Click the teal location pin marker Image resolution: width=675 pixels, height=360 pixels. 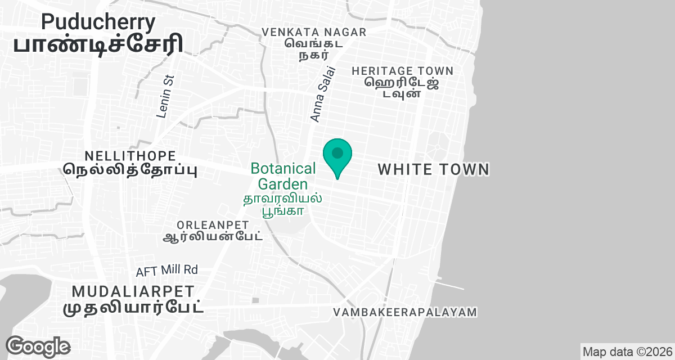[x=337, y=156]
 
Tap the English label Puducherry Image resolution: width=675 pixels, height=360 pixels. [x=98, y=22]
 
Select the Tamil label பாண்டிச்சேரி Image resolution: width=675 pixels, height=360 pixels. [x=98, y=45]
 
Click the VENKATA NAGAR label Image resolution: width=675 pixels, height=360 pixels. [x=314, y=32]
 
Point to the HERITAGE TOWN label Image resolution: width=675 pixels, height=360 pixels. [x=402, y=71]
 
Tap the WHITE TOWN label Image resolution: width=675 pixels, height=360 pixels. [x=433, y=169]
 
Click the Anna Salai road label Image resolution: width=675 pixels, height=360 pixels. [x=322, y=94]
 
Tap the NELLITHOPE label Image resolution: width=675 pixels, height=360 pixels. [x=130, y=156]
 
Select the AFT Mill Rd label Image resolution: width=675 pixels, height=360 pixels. [x=167, y=271]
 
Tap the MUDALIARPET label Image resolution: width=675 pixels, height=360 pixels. [x=133, y=291]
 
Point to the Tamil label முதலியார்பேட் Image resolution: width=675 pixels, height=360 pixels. [x=133, y=308]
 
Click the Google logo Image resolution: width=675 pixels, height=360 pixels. [x=38, y=346]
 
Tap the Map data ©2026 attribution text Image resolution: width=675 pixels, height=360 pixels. [x=627, y=352]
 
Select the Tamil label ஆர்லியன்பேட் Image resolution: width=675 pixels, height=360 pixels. [x=213, y=237]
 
